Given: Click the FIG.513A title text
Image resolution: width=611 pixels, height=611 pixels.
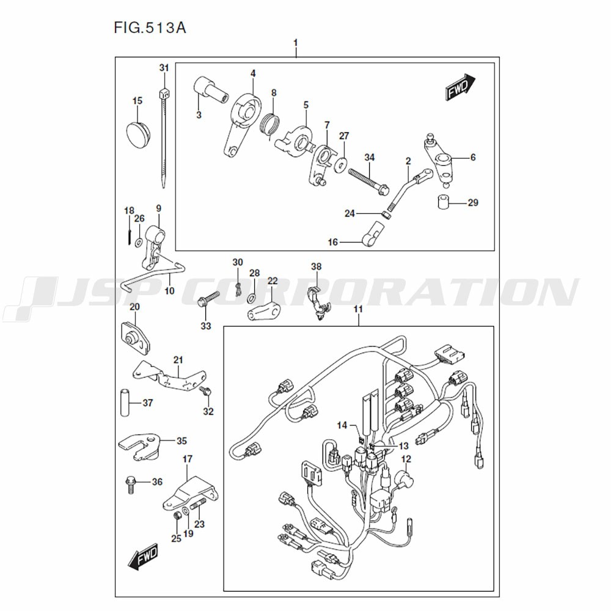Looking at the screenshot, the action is [x=150, y=28].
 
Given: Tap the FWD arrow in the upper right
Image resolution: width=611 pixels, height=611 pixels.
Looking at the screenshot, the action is [x=461, y=87].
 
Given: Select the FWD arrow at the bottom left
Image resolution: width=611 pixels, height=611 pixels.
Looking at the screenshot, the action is [x=143, y=557].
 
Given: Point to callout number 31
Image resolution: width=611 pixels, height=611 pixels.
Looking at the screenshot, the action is [x=164, y=68].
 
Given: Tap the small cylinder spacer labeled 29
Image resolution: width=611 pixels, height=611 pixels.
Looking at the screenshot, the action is [x=444, y=202].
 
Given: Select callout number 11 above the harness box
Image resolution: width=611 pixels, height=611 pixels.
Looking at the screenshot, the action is [x=358, y=309].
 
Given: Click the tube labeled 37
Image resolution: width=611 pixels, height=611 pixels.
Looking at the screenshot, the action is [x=125, y=402].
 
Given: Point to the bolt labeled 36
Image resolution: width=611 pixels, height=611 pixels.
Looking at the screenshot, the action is [x=131, y=485].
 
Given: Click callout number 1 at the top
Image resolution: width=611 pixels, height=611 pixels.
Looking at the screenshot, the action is [x=296, y=42].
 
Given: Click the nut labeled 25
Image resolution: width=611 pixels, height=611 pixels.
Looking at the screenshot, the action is [x=178, y=516].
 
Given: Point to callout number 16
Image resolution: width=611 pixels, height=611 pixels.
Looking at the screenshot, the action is [x=333, y=243].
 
